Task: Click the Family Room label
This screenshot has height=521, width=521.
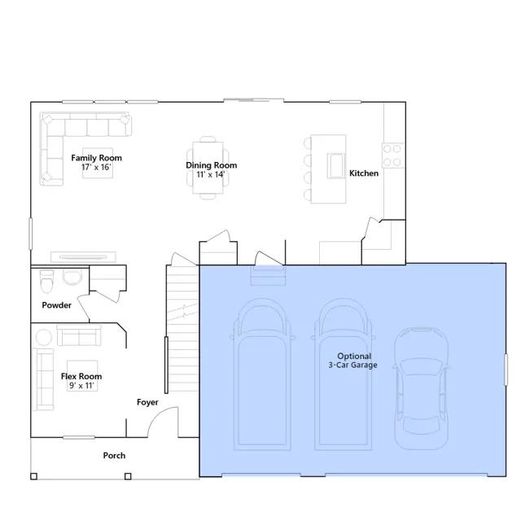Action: [96, 157]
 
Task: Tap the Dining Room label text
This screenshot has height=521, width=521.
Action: [211, 165]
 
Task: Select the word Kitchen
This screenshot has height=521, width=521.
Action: [364, 173]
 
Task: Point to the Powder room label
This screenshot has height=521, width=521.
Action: [56, 306]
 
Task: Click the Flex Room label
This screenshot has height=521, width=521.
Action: [81, 377]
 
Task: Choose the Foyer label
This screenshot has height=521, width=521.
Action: [147, 403]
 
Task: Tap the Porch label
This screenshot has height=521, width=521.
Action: [114, 456]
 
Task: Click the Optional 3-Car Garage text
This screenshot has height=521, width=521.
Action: [355, 361]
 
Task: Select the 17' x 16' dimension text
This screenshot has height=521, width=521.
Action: [96, 167]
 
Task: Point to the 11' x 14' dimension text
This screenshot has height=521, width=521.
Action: [210, 174]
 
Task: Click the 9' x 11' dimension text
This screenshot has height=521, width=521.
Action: [81, 386]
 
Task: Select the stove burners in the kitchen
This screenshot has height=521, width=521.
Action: [392, 155]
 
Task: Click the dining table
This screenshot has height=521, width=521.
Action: [209, 167]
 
